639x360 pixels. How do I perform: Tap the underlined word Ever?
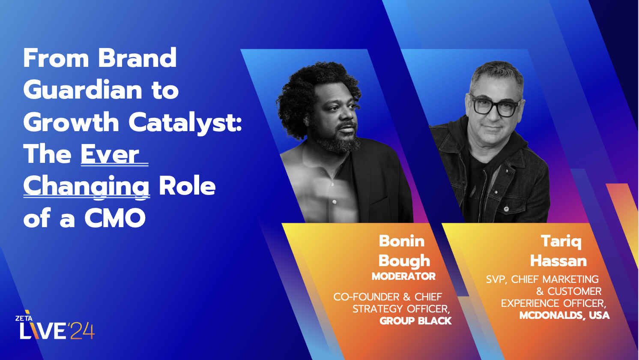click(x=110, y=154)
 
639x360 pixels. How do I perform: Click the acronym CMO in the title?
click(x=115, y=219)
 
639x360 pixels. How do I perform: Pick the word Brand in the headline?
click(x=137, y=58)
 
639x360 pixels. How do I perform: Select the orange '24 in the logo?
click(x=82, y=331)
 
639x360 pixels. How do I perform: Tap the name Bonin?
click(x=401, y=241)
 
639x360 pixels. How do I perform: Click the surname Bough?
click(x=404, y=261)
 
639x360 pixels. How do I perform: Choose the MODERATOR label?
click(x=403, y=276)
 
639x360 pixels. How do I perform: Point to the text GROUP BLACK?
click(x=415, y=321)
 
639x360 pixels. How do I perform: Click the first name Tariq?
click(x=561, y=241)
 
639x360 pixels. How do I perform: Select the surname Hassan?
click(x=558, y=261)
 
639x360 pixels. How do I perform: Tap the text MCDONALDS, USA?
click(x=564, y=315)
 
